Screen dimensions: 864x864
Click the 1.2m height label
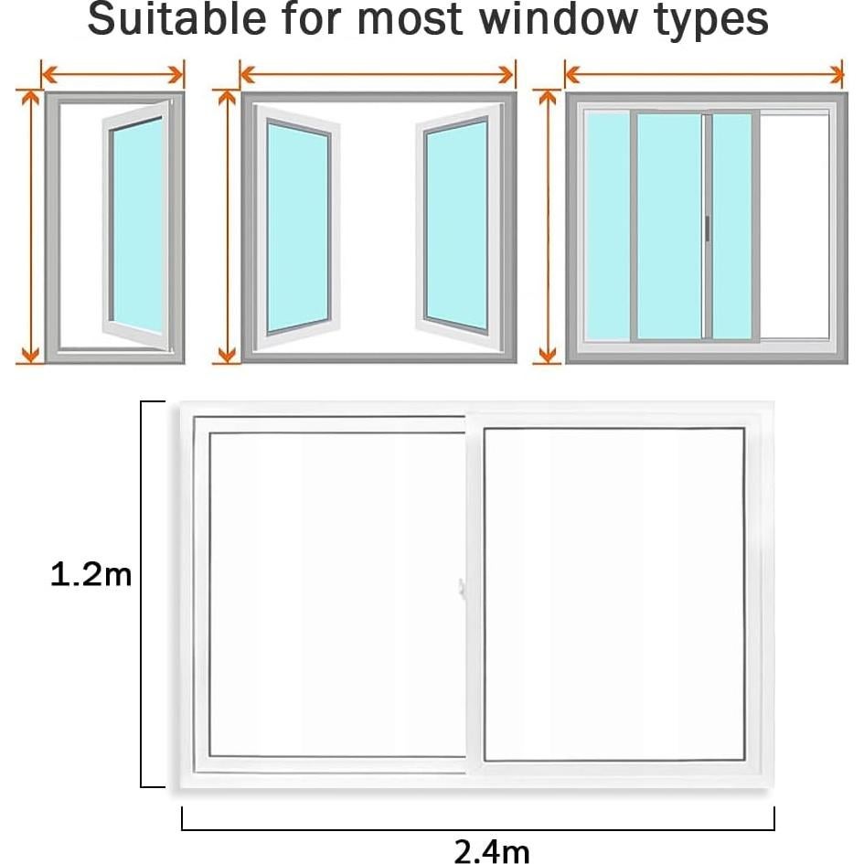pos(91,576)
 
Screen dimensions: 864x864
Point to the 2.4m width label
pos(491,850)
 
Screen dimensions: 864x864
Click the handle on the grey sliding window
pos(707,228)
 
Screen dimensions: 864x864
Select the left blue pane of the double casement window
pos(298,227)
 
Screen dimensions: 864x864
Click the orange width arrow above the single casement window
pos(113,74)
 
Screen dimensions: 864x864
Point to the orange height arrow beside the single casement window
pos(30,227)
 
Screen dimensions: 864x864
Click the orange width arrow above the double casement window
pos(378,74)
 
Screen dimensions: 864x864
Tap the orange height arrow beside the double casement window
pos(226,227)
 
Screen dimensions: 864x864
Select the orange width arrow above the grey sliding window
pos(703,74)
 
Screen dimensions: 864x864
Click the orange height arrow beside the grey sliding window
pos(547,227)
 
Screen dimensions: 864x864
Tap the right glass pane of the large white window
pos(613,594)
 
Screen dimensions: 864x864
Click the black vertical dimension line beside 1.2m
pos(142,594)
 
